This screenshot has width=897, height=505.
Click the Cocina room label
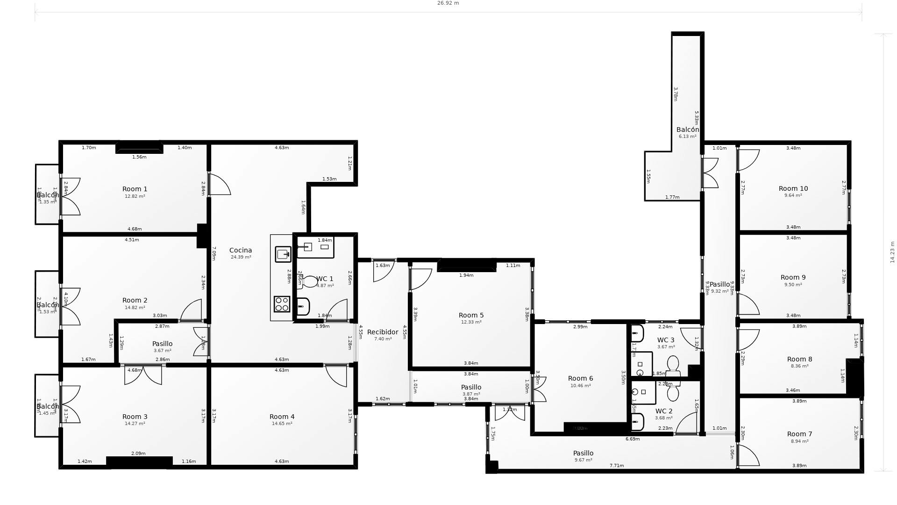point(241,250)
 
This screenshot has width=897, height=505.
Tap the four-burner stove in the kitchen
point(282,304)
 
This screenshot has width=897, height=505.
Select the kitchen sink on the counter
point(283,254)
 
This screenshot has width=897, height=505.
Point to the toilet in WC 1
point(309,282)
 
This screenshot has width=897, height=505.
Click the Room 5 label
point(471,315)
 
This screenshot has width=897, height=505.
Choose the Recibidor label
point(383,332)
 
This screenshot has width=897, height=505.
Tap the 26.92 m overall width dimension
point(448,3)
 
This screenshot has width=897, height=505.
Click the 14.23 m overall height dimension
point(892,252)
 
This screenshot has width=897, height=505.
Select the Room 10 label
point(793,188)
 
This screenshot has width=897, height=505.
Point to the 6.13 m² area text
point(688,137)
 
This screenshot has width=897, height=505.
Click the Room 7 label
point(800,434)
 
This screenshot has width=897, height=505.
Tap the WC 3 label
point(666,340)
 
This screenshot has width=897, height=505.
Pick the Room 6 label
point(581,378)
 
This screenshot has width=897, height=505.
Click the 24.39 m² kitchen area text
point(241,257)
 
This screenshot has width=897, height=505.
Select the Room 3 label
point(135,417)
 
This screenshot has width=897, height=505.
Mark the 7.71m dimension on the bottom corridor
point(617,466)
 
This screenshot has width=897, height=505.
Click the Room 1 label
point(135,189)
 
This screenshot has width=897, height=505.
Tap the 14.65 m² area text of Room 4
point(282,424)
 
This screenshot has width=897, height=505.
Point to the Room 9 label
point(793,277)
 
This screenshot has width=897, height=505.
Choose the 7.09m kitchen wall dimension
point(214,253)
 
